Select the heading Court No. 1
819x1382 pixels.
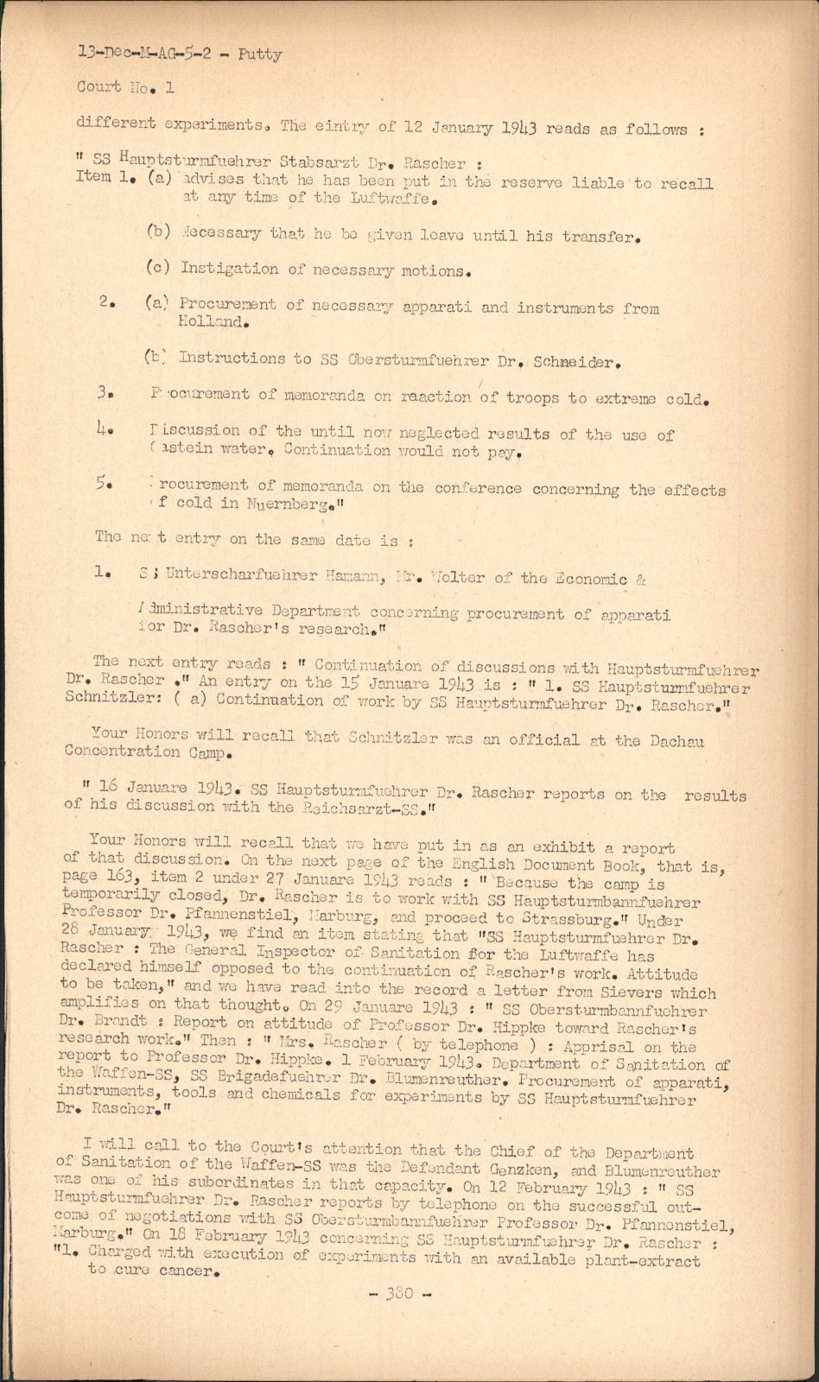125,87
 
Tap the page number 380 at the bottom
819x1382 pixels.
399,1293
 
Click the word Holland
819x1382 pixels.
213,323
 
